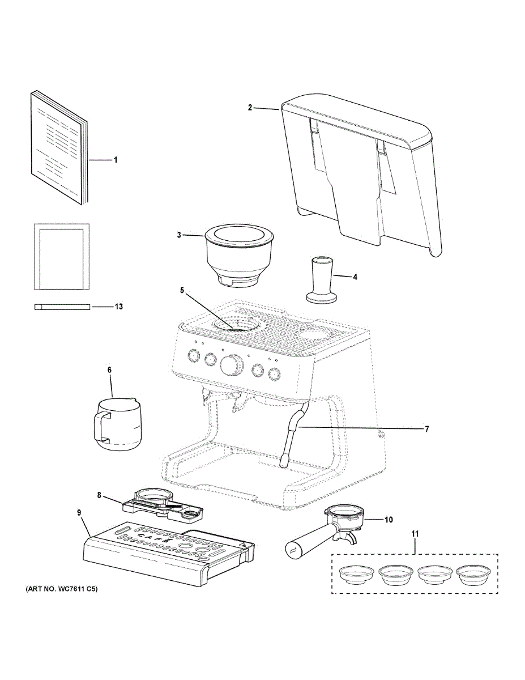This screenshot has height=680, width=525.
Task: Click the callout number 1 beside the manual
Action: (x=116, y=160)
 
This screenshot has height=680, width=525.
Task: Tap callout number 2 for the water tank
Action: (x=250, y=108)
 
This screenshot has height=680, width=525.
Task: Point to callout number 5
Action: (x=182, y=290)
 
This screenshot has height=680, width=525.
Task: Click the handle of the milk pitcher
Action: (x=100, y=426)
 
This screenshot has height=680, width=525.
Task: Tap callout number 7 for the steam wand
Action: (x=427, y=429)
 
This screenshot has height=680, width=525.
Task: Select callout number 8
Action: (x=99, y=495)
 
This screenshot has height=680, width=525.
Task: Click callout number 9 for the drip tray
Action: (x=79, y=512)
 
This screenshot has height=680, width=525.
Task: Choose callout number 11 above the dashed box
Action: (x=415, y=534)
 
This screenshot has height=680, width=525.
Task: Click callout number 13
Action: (x=118, y=307)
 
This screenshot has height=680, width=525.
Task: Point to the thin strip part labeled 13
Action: (x=63, y=307)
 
